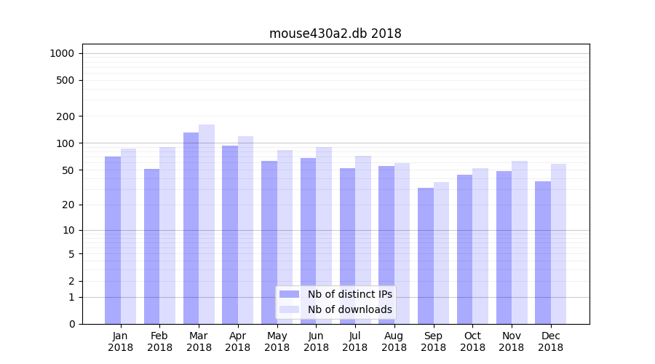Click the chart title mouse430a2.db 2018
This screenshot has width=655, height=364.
click(335, 33)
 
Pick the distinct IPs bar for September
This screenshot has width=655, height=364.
click(425, 256)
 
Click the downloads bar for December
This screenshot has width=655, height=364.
click(558, 244)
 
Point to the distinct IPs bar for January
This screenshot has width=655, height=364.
click(113, 240)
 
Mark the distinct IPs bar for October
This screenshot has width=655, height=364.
click(464, 249)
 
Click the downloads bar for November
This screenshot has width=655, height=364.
click(520, 242)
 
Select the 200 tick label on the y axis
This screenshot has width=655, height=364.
click(65, 116)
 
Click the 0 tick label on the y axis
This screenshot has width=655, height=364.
click(71, 324)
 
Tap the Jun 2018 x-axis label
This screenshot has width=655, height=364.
click(316, 341)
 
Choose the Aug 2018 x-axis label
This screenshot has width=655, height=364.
click(394, 341)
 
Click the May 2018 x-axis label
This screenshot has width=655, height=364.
click(277, 341)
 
